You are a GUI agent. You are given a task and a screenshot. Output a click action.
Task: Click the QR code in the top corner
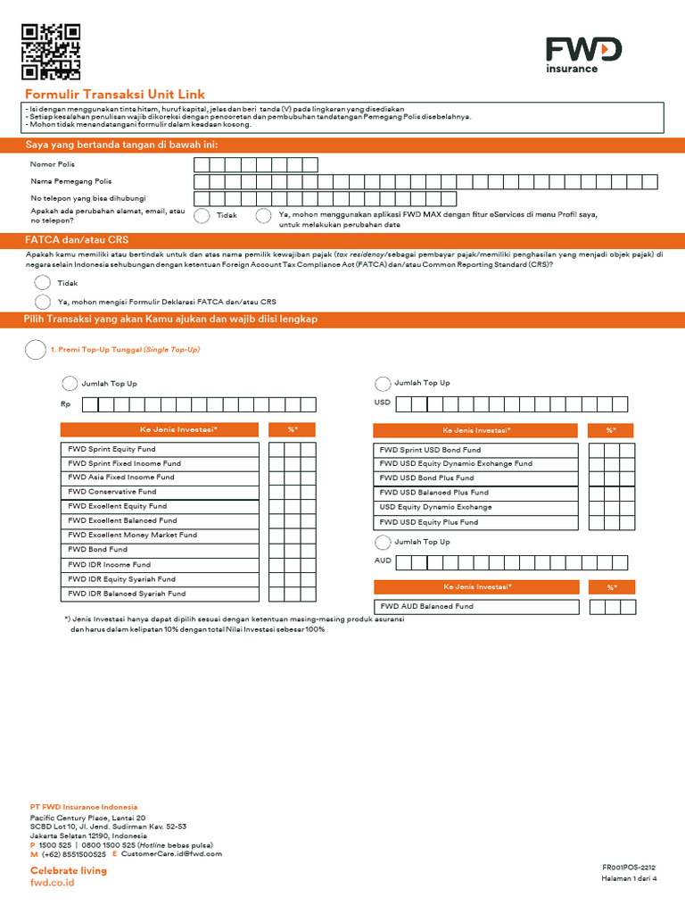point(51,51)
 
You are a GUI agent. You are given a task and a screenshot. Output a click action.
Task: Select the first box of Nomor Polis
point(202,164)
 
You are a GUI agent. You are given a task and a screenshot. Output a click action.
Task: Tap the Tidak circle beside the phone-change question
point(202,215)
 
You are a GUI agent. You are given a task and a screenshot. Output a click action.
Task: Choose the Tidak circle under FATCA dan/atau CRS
point(43,282)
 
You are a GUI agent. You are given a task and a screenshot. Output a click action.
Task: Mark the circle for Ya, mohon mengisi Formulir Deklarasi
point(43,302)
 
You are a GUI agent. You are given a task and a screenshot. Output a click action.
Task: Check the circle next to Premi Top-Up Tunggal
point(35,350)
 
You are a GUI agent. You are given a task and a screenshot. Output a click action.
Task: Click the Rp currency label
point(65,404)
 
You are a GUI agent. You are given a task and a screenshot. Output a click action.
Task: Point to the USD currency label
point(382,403)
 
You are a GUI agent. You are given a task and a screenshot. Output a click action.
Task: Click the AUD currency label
point(382,561)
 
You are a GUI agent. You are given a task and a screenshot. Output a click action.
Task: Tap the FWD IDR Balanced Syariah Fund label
point(127,594)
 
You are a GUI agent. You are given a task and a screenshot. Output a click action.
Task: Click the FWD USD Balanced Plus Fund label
point(433,493)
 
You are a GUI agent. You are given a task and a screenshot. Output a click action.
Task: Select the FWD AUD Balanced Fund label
point(426,607)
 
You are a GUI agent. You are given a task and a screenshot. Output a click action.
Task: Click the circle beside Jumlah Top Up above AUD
point(383,543)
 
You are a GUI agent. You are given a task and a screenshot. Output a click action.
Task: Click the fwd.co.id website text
point(53,883)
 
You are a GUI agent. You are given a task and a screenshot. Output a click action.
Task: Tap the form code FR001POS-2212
point(629,868)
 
